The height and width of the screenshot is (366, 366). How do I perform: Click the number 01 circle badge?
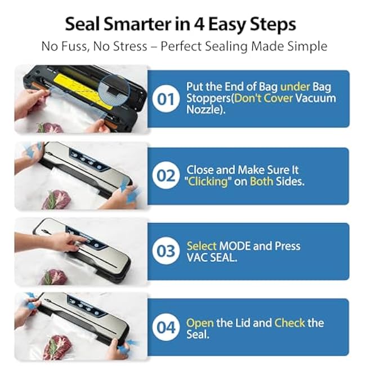166,99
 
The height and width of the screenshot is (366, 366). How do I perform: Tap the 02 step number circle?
166,175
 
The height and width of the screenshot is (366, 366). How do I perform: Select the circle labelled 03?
166,251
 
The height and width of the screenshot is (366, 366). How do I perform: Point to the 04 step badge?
166,327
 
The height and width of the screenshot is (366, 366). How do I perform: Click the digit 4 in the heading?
199,24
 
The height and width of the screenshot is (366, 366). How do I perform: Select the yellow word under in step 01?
295,87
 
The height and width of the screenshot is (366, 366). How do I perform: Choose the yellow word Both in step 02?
261,181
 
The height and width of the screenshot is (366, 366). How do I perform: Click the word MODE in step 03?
235,246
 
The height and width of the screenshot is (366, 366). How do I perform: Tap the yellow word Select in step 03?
202,246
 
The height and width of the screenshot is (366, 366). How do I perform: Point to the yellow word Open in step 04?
200,323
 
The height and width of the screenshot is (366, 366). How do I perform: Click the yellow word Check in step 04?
289,323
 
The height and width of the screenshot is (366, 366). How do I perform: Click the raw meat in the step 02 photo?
56,199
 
